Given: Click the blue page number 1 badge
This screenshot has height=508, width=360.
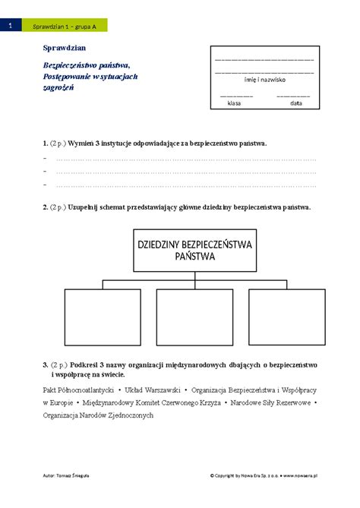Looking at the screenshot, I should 10,27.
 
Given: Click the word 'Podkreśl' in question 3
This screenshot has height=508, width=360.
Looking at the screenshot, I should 83,365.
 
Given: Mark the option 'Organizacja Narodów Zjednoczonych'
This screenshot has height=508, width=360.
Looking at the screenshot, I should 99,415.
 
